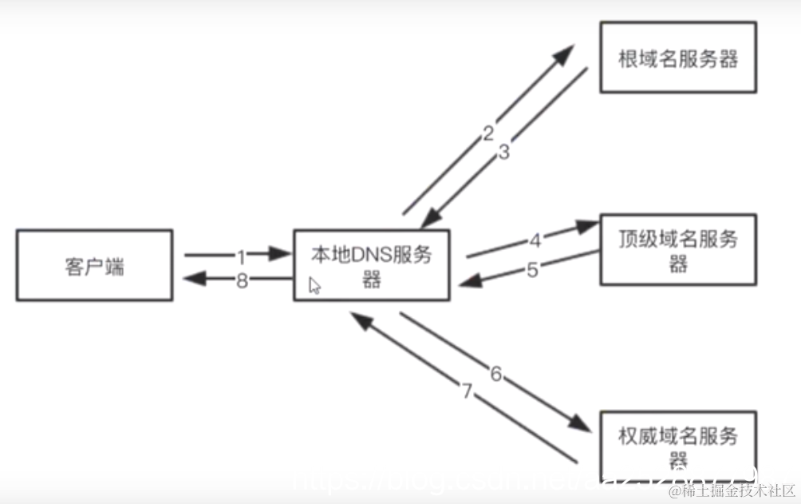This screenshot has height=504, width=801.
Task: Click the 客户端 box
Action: click(94, 265)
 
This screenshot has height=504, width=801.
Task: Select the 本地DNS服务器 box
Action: click(371, 265)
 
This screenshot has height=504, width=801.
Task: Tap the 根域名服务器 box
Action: click(677, 58)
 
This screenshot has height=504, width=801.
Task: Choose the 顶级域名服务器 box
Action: click(677, 249)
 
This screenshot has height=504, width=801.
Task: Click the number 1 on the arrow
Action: click(240, 256)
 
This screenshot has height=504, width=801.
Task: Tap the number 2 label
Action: click(487, 133)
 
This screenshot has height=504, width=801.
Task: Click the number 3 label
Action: click(503, 153)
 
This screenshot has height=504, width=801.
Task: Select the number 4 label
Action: click(535, 240)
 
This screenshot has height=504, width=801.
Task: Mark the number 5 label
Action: click(533, 269)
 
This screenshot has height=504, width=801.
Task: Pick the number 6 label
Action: click(495, 373)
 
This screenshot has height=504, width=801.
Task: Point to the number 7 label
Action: click(468, 391)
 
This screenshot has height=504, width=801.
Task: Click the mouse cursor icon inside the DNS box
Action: click(314, 285)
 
